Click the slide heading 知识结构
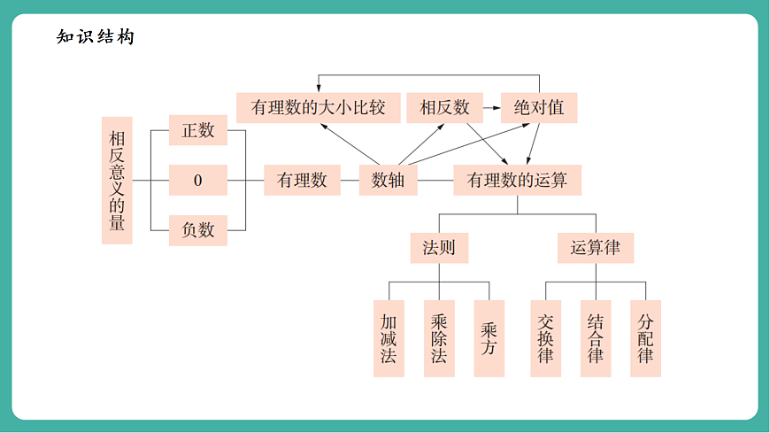point(95,37)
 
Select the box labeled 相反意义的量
point(117,180)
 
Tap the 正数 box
point(198,131)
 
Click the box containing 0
point(198,181)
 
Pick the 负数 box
point(198,230)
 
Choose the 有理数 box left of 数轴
point(302,181)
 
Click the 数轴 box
point(388,181)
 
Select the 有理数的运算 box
point(517,181)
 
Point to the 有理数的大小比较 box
point(318,108)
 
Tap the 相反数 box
point(444,108)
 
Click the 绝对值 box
point(539,108)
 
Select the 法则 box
point(439,248)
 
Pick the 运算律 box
point(596,248)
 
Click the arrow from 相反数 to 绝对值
point(491,108)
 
